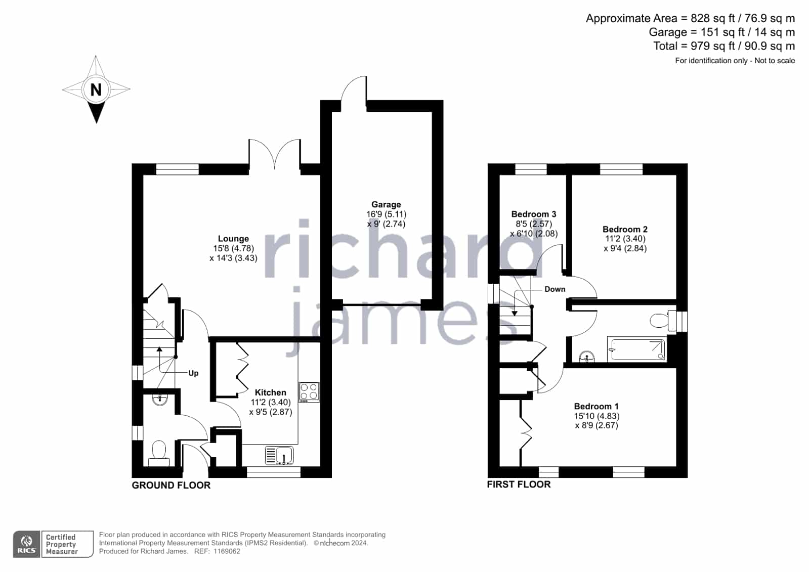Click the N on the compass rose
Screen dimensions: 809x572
point(96,90)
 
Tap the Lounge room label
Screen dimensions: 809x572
point(233,239)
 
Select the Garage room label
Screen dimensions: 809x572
point(386,205)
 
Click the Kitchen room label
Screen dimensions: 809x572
point(271,392)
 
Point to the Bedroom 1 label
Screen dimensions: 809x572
point(597,406)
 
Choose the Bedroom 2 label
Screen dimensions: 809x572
point(625,229)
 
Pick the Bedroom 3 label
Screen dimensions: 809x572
point(534,214)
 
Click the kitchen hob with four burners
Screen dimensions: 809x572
point(309,392)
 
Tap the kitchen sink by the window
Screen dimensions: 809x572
point(279,455)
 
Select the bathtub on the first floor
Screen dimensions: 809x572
point(636,349)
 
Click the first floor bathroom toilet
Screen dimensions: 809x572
point(663,320)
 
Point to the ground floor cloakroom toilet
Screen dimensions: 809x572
point(159,453)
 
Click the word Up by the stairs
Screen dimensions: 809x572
point(193,373)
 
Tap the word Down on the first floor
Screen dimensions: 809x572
point(555,289)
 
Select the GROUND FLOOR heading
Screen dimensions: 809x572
point(171,486)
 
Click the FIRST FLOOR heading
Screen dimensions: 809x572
point(519,485)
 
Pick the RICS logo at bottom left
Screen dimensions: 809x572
point(27,544)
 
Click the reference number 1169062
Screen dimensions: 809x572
point(227,551)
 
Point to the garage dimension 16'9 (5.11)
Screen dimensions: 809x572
point(386,214)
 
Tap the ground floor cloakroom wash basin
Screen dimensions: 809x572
point(159,400)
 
